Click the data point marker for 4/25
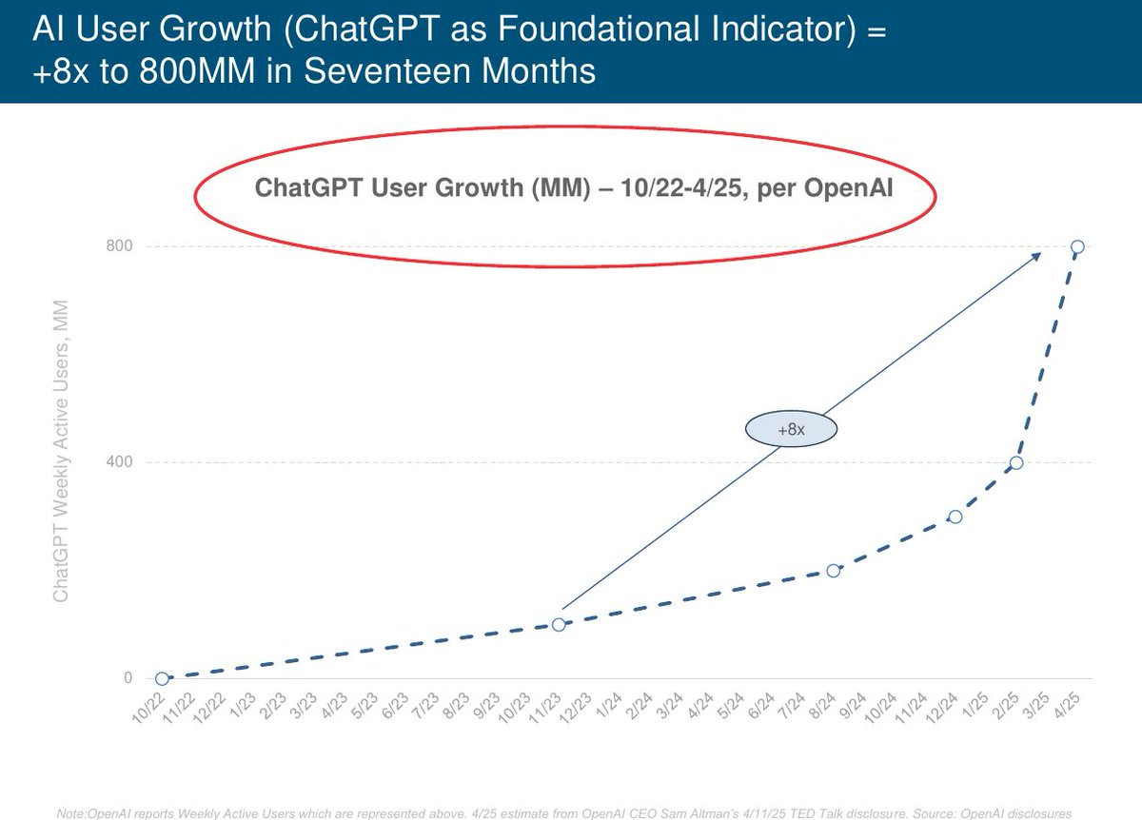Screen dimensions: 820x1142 point(1077,246)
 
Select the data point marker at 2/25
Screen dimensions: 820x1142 point(1016,462)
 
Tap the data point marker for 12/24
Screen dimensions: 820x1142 point(955,517)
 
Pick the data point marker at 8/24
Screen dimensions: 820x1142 point(834,571)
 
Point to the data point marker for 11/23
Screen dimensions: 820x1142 point(559,624)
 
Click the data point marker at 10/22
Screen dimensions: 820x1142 point(162,678)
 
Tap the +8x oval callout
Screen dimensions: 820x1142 point(791,430)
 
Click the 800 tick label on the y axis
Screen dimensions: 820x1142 point(119,246)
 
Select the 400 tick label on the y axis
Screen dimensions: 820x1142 point(119,462)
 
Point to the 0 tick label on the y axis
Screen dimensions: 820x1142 point(127,678)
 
